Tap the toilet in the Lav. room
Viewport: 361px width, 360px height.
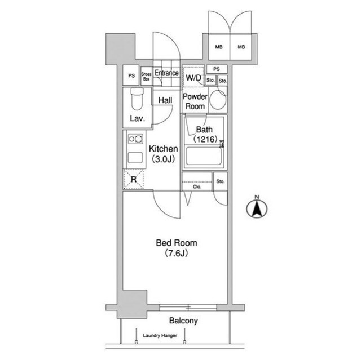click(x=137, y=99)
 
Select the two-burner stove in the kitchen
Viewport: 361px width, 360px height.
click(x=135, y=139)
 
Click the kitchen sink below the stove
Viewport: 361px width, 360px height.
click(x=135, y=158)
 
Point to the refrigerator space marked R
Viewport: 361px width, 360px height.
click(x=134, y=179)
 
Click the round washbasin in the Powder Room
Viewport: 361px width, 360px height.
click(x=218, y=100)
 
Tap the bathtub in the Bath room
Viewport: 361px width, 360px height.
click(x=204, y=156)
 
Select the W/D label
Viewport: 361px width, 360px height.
click(x=193, y=78)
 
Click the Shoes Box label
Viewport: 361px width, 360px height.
click(x=146, y=77)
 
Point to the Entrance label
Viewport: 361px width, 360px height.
click(x=166, y=73)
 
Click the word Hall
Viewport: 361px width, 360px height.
click(x=165, y=100)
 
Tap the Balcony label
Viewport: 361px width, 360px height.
click(x=183, y=321)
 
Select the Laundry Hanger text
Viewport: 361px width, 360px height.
click(x=160, y=335)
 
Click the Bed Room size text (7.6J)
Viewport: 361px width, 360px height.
click(x=177, y=253)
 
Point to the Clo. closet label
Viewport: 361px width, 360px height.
click(x=197, y=186)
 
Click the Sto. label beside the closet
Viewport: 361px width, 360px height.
click(x=221, y=181)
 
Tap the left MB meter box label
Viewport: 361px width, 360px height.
click(x=219, y=47)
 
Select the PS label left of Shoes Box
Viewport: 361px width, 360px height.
click(x=131, y=75)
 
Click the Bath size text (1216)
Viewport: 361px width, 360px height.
click(x=205, y=139)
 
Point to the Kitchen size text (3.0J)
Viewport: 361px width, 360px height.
click(x=163, y=159)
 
